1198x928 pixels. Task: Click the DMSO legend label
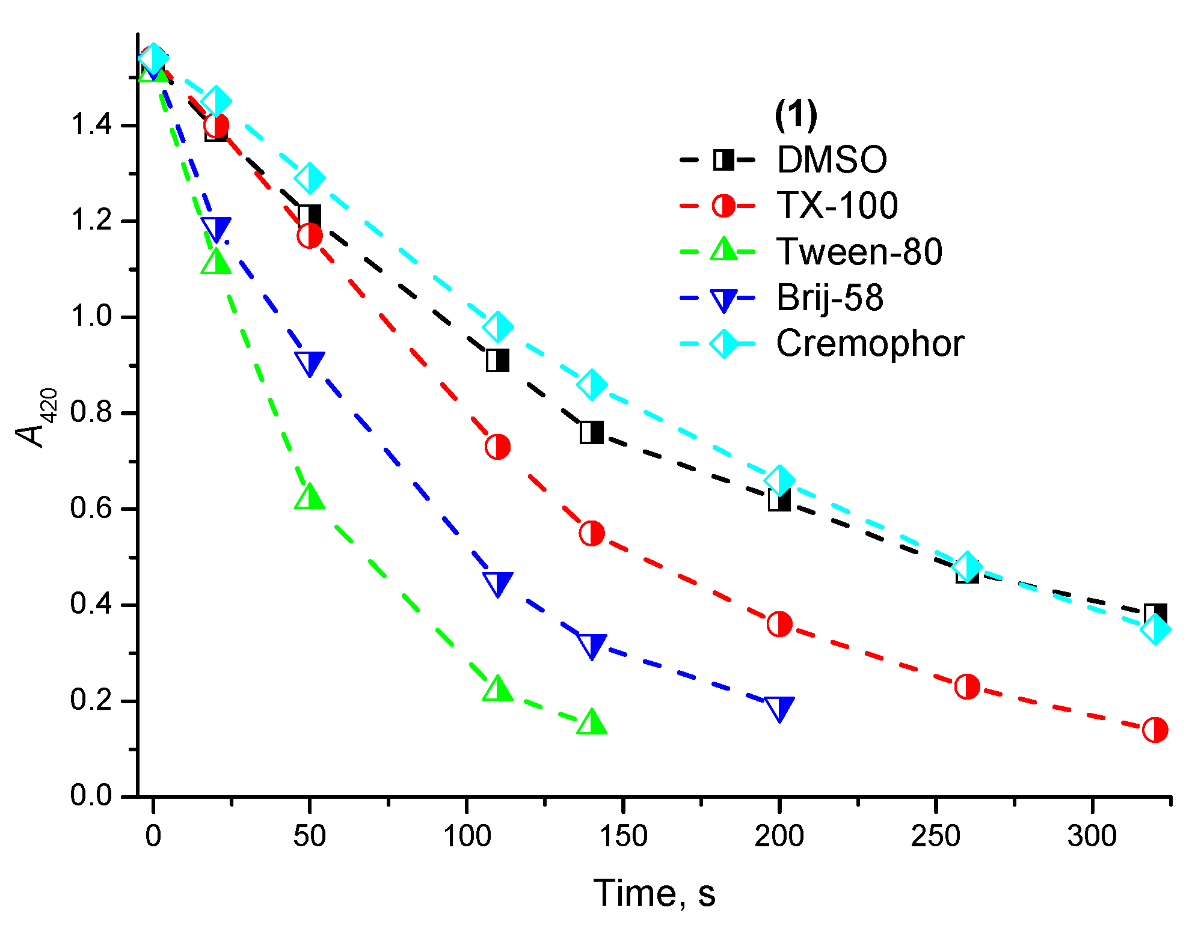pos(832,160)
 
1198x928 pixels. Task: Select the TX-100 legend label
pos(837,206)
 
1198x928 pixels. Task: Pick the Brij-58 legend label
pos(830,298)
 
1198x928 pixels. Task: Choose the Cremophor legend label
pos(870,344)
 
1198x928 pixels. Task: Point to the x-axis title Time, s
pos(654,893)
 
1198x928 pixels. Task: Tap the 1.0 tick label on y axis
pos(91,317)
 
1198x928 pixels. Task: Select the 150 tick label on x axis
pos(623,836)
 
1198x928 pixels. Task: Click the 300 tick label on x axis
pos(1092,836)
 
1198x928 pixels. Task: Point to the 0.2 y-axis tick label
pos(91,700)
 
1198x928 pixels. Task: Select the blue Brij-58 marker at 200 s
pos(779,708)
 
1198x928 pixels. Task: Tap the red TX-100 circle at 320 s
pos(1155,730)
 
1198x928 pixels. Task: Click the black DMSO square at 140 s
pos(591,432)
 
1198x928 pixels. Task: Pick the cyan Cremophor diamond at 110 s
pos(497,327)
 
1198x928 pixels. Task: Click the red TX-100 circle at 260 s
pos(967,686)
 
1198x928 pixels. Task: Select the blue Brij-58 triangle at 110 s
pos(497,583)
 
